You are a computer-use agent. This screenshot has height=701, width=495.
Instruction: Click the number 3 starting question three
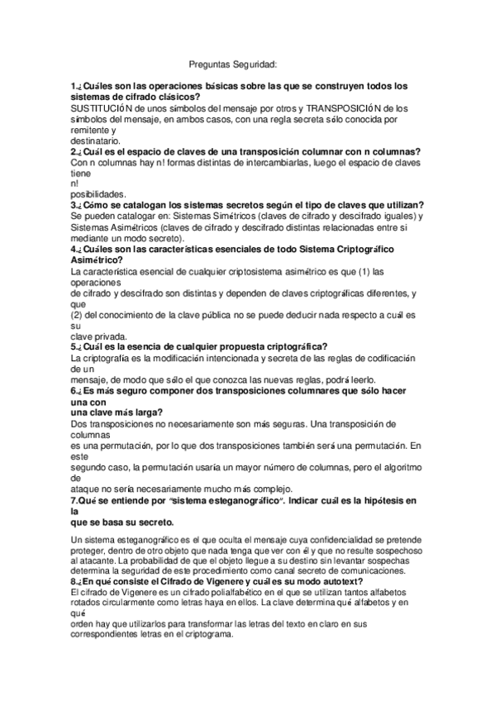(74, 206)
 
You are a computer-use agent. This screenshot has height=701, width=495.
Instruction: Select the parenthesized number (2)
(79, 314)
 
